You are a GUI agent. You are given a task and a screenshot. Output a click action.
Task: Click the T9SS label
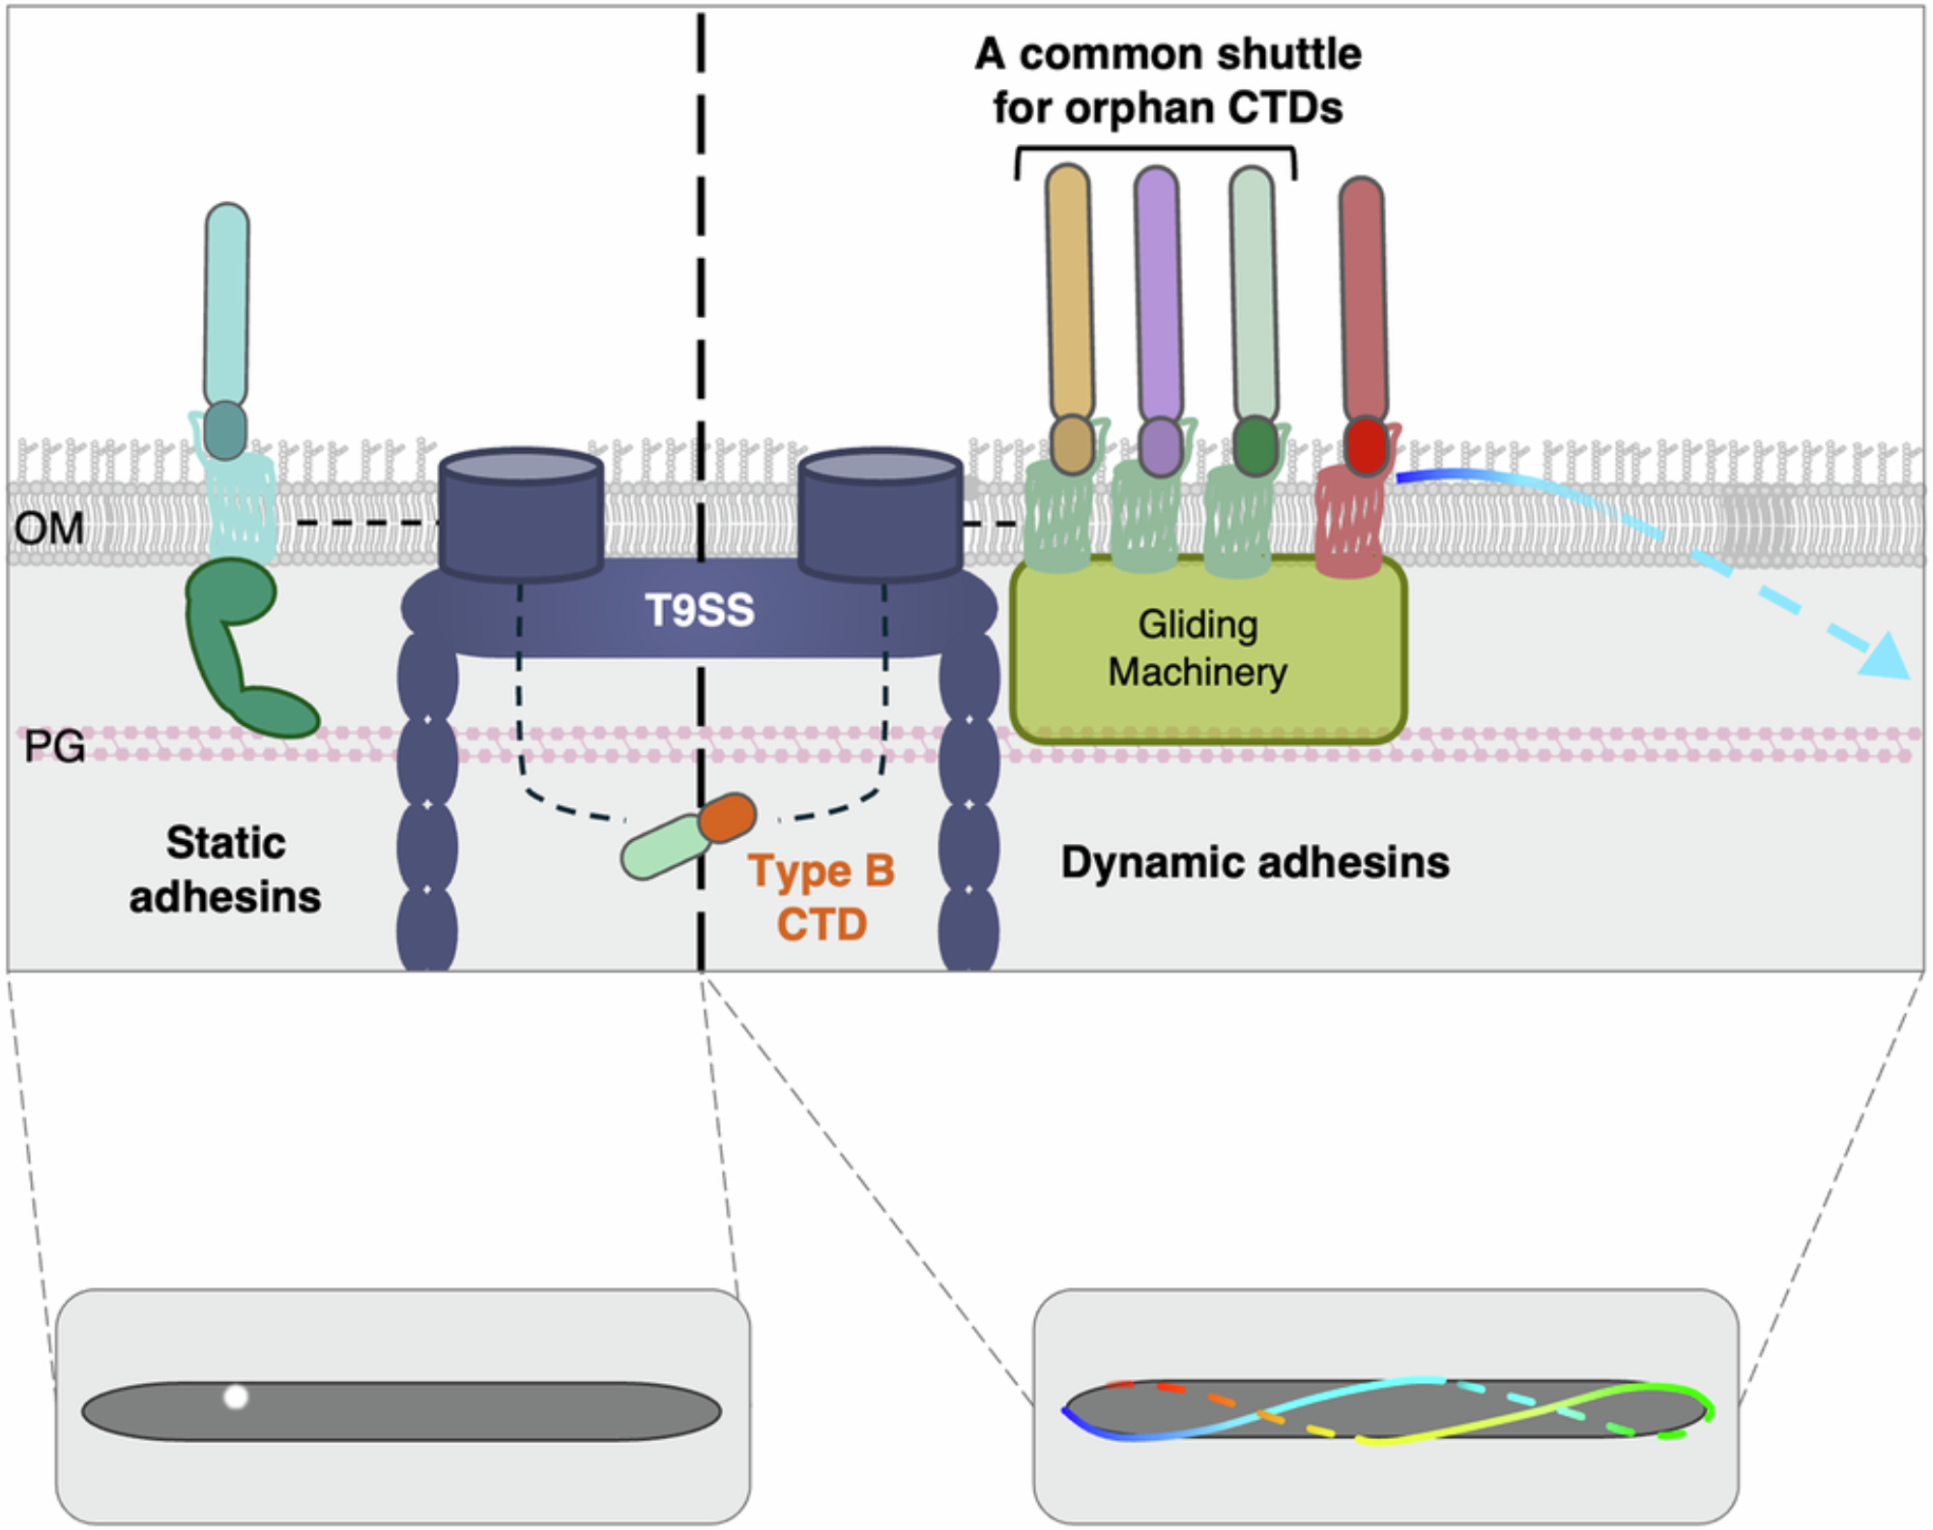click(699, 610)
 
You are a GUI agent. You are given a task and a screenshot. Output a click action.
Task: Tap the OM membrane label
click(48, 528)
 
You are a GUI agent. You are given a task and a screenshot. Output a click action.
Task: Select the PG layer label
click(54, 746)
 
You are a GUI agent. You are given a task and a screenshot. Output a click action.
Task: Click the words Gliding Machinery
click(1197, 648)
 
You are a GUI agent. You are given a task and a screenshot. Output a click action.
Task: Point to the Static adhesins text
click(225, 869)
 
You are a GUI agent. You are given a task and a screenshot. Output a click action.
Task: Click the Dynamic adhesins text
click(1255, 861)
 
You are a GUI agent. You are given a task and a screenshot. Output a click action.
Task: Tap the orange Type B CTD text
click(822, 897)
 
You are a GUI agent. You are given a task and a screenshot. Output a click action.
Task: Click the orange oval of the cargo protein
click(727, 818)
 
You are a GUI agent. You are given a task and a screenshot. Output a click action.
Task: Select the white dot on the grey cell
click(236, 1397)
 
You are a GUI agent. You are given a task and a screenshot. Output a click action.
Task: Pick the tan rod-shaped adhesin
click(1070, 290)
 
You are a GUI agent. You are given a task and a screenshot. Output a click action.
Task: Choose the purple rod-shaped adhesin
click(1158, 290)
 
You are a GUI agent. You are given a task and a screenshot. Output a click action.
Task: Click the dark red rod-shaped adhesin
click(1363, 295)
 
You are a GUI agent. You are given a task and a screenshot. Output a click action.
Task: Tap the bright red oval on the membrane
click(1366, 446)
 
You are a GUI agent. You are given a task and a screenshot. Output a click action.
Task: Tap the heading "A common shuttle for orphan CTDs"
click(1168, 80)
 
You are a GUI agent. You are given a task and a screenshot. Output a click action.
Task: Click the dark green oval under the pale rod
click(1255, 446)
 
